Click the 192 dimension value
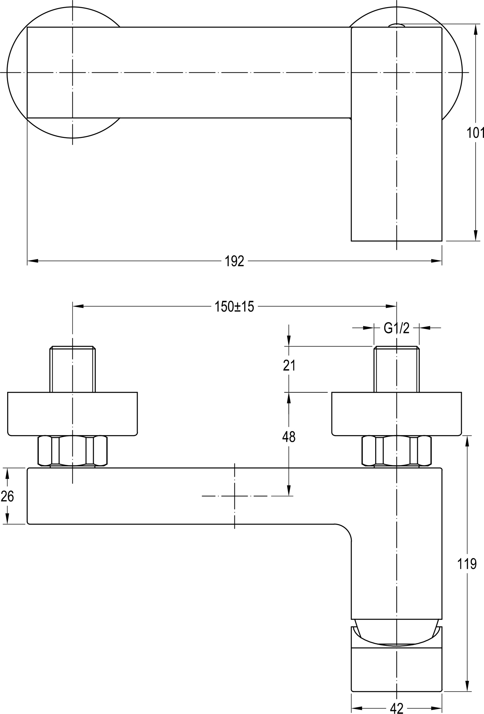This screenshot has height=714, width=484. click(234, 261)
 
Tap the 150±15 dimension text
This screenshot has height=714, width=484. click(234, 306)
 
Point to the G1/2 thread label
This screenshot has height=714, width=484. click(396, 328)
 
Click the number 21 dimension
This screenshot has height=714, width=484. click(289, 366)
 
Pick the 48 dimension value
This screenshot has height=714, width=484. click(289, 437)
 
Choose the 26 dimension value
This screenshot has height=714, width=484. click(7, 496)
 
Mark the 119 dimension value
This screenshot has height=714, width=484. click(467, 564)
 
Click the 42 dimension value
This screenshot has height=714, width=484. click(396, 708)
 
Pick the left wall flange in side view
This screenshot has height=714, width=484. click(73, 414)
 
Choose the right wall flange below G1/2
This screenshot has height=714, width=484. click(396, 414)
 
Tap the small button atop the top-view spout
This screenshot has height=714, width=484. click(397, 25)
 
